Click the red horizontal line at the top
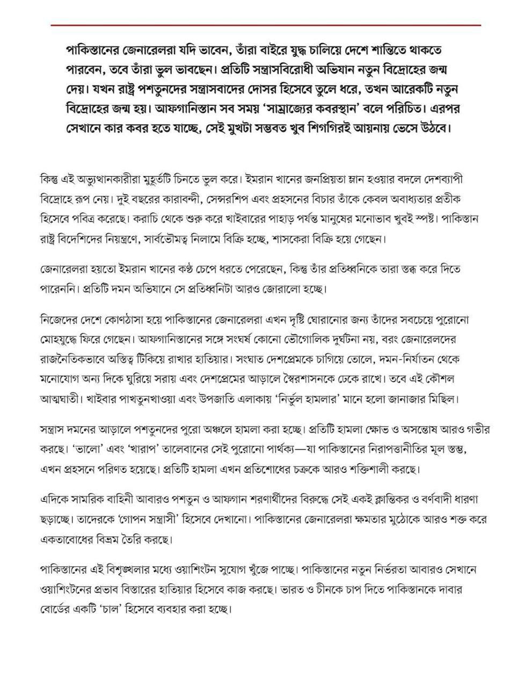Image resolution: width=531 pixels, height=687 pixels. pos(266,25)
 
